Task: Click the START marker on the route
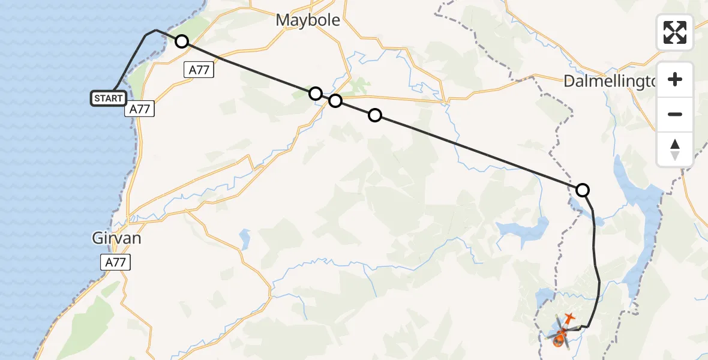(109, 98)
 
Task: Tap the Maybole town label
(308, 20)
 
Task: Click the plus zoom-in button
(675, 79)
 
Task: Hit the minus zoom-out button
(675, 114)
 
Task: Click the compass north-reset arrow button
(675, 149)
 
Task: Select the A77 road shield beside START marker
(140, 109)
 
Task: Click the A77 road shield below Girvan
(115, 262)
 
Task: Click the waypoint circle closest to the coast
(181, 41)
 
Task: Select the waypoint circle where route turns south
(583, 190)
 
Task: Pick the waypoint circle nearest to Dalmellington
(583, 190)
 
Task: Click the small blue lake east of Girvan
(245, 238)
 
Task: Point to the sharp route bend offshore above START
(155, 30)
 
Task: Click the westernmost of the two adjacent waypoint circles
(316, 93)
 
